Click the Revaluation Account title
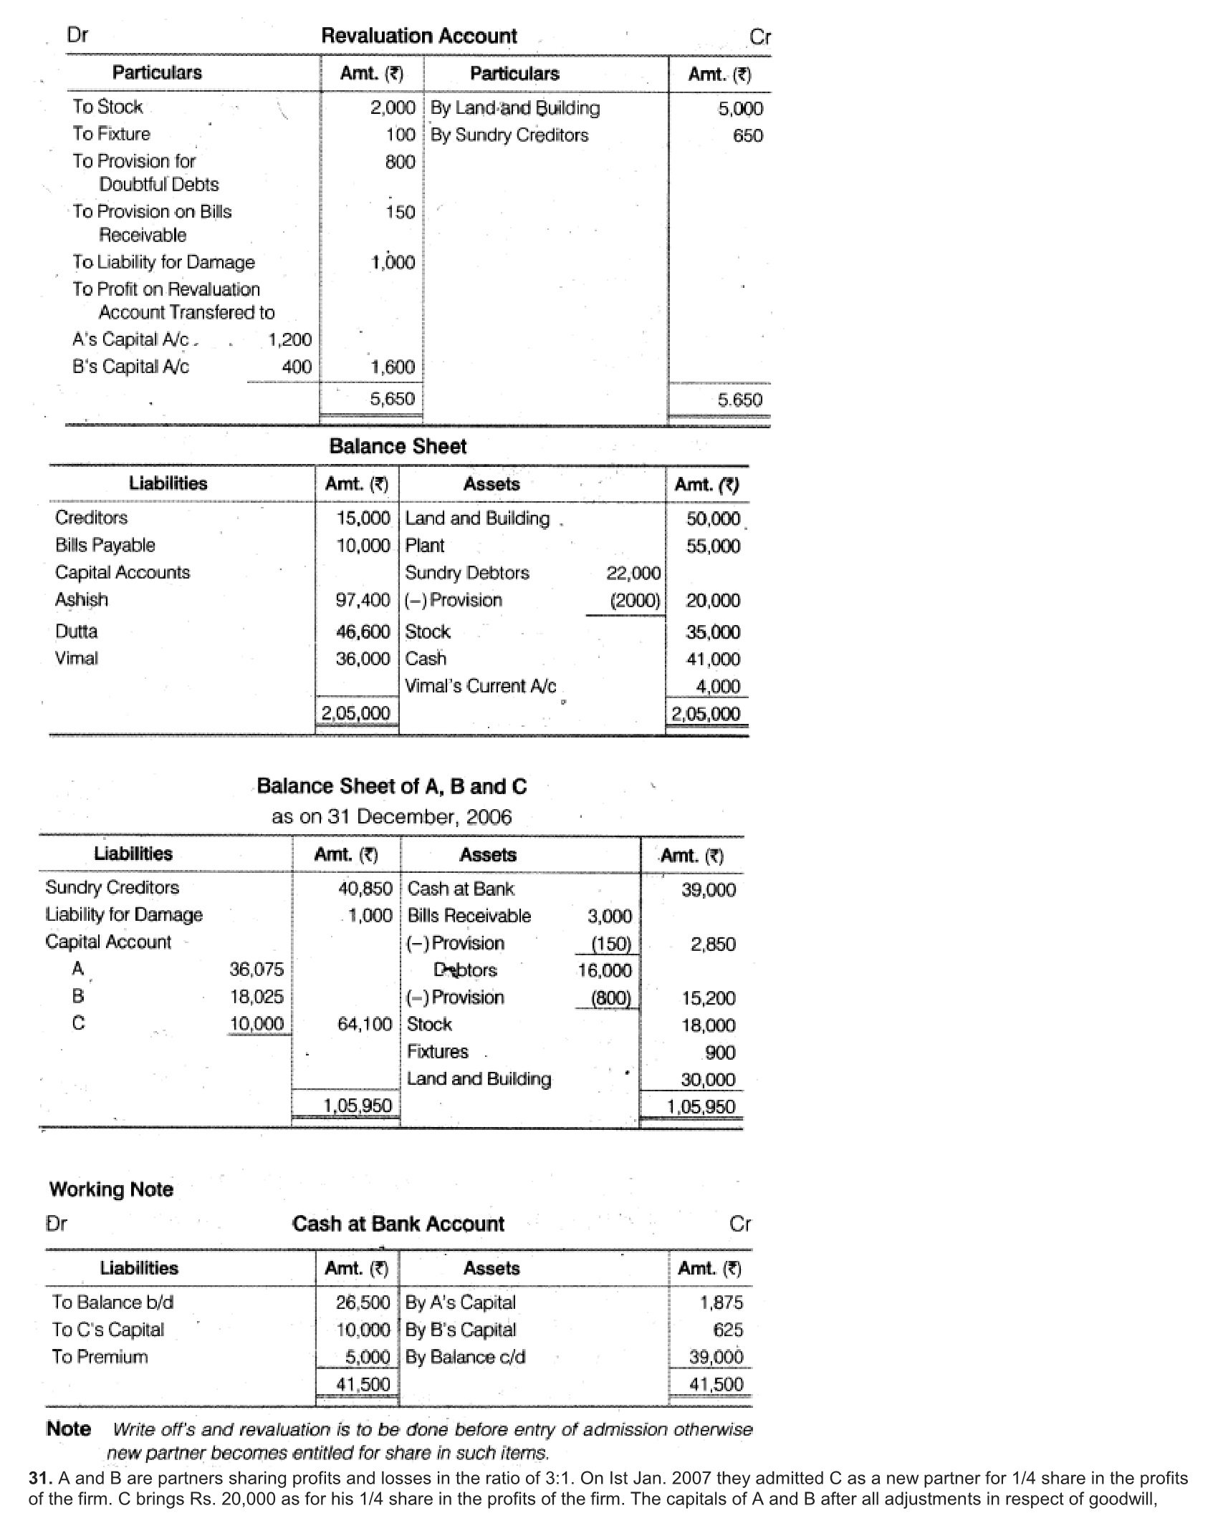pyautogui.click(x=418, y=36)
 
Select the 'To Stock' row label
pyautogui.click(x=107, y=107)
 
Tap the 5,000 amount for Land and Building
pyautogui.click(x=740, y=109)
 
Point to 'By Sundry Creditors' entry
pyautogui.click(x=509, y=135)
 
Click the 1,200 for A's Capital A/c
pyautogui.click(x=289, y=339)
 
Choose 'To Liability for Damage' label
pyautogui.click(x=163, y=262)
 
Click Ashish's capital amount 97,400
pyautogui.click(x=363, y=600)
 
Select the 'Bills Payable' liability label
pyautogui.click(x=105, y=545)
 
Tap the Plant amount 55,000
pyautogui.click(x=713, y=546)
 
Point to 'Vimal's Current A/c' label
pyautogui.click(x=480, y=686)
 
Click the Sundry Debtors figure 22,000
pyautogui.click(x=633, y=573)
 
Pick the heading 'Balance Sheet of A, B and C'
pyautogui.click(x=391, y=786)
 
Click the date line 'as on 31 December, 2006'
pyautogui.click(x=391, y=817)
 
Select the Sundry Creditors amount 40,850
pyautogui.click(x=365, y=889)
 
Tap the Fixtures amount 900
pyautogui.click(x=719, y=1053)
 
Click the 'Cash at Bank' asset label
pyautogui.click(x=461, y=889)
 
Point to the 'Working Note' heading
pyautogui.click(x=111, y=1189)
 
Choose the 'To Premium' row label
pyautogui.click(x=100, y=1357)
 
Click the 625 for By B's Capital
pyautogui.click(x=727, y=1330)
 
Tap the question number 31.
pyautogui.click(x=39, y=1479)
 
